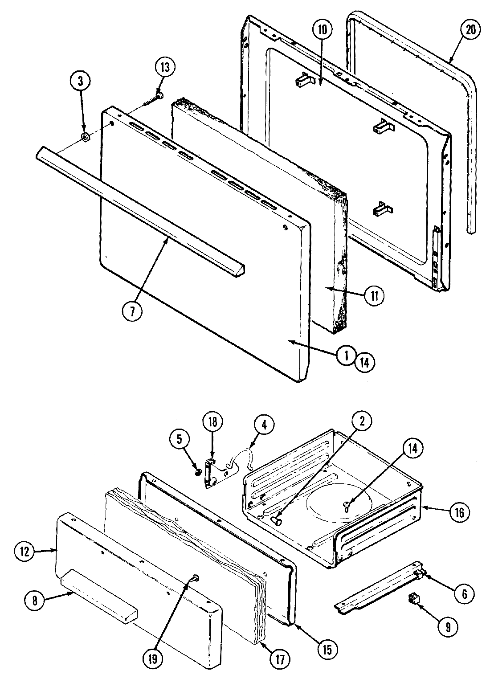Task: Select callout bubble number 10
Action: (x=322, y=30)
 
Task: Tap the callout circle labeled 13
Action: (x=165, y=68)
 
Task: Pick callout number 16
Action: (x=459, y=513)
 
